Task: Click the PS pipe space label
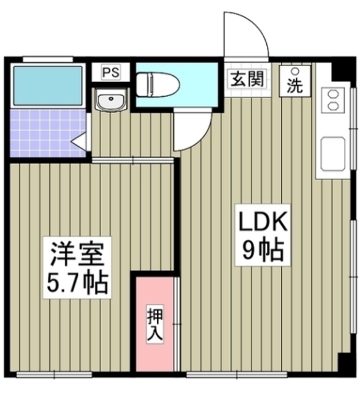(x=111, y=73)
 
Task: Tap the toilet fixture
(x=158, y=85)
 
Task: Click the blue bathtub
(x=48, y=86)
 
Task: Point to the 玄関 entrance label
(x=248, y=79)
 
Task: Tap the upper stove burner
(x=333, y=94)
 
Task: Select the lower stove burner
(x=333, y=106)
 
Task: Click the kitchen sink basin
(x=333, y=154)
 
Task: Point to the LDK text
(x=263, y=222)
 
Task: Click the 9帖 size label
(x=263, y=250)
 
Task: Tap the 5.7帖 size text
(x=77, y=283)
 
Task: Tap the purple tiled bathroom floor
(x=48, y=133)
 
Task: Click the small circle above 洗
(x=296, y=72)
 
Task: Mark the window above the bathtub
(x=48, y=59)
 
